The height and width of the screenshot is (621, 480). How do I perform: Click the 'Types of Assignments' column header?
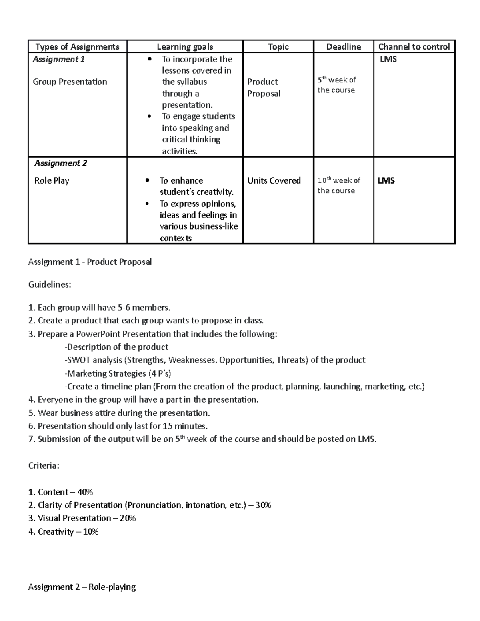coord(77,47)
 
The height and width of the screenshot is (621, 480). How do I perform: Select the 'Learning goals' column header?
coord(185,47)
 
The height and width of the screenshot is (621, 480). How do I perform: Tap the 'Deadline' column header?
coord(343,47)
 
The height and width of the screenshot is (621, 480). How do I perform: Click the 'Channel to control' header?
coord(414,47)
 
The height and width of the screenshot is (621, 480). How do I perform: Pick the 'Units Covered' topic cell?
coord(274,180)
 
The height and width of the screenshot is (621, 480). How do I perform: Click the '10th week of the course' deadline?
coord(339,185)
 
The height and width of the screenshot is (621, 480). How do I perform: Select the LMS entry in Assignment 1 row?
coord(388,59)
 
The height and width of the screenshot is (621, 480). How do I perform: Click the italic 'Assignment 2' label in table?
coord(61,163)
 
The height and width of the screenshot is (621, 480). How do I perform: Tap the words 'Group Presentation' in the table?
coord(70,82)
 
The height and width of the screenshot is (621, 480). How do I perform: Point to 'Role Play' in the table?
coord(52,180)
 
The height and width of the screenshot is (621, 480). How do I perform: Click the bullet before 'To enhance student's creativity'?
coord(148,181)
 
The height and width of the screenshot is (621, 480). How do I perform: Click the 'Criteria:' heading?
coord(44,466)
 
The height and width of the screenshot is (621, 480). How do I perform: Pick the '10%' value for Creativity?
coord(91,532)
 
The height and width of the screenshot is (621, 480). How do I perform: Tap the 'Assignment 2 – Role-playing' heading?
coord(82,587)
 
